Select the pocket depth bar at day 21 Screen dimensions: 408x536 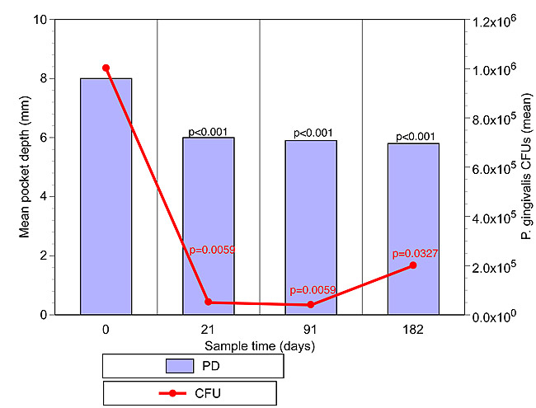click(x=208, y=226)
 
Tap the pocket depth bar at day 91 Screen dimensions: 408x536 click(x=311, y=227)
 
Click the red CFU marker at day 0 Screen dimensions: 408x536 click(x=106, y=68)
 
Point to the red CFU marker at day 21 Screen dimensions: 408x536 click(x=208, y=302)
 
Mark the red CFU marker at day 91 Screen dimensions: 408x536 click(x=311, y=305)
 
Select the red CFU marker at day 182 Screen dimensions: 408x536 click(x=413, y=265)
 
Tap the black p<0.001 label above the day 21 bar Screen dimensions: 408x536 click(x=208, y=131)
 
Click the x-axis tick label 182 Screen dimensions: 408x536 click(x=413, y=330)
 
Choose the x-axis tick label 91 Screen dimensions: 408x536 click(x=311, y=330)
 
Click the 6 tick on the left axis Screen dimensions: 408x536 click(x=44, y=138)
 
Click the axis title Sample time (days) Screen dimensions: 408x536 click(x=260, y=345)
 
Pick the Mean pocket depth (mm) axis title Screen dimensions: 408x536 click(x=25, y=166)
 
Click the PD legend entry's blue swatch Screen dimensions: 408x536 click(x=179, y=365)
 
